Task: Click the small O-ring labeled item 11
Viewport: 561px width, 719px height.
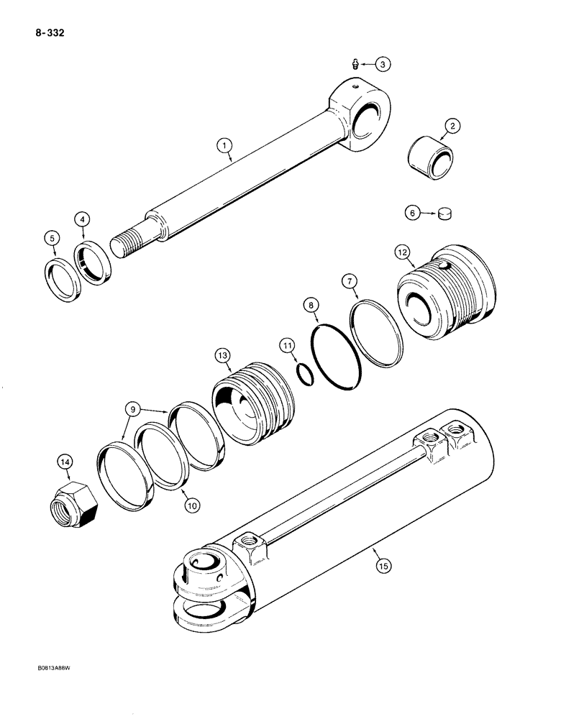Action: click(306, 374)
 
